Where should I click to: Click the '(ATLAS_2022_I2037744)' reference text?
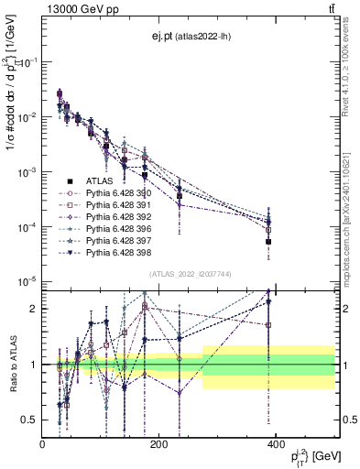pos(190,274)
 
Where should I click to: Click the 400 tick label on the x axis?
pos(275,445)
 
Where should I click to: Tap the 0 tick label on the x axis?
pos(42,445)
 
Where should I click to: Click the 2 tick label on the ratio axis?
pos(35,309)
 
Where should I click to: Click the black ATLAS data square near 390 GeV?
pos(268,242)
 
